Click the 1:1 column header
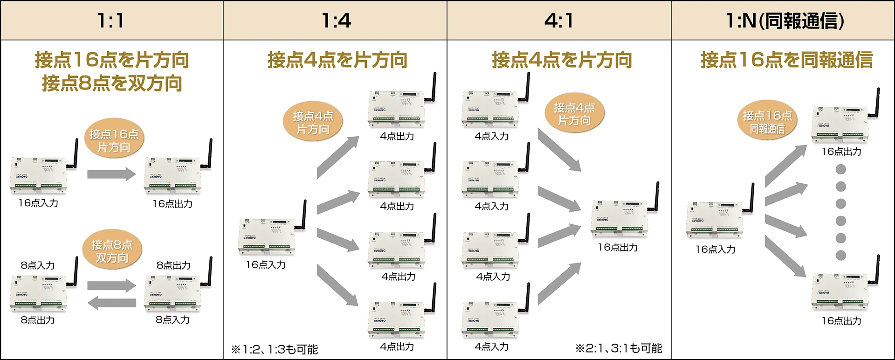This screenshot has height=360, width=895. point(111,21)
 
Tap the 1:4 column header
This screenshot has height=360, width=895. point(336,21)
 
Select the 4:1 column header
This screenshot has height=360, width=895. point(559,21)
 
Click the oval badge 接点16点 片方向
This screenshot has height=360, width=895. point(114,140)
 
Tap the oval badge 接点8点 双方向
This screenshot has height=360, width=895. point(112,251)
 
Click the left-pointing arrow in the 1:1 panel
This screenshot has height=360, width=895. point(112,303)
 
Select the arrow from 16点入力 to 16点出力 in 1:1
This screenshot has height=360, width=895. point(112,174)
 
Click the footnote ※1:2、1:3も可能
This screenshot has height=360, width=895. point(275,349)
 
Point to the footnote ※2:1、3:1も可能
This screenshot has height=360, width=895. point(619,348)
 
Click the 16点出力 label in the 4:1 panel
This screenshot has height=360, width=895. point(618,248)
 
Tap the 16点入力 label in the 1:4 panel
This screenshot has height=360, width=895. point(266,265)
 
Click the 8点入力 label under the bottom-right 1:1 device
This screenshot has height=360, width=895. point(173,320)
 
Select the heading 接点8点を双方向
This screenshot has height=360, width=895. point(112,83)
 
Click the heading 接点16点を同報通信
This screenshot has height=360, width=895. point(786,60)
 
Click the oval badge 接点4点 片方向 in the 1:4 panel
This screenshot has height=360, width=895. point(313,123)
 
